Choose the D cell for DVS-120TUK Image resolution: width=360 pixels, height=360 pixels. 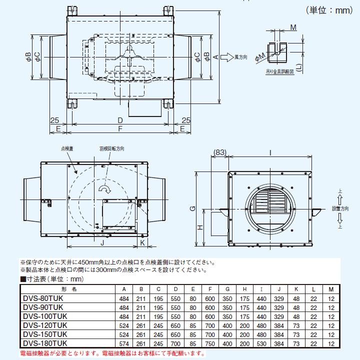coord(175,325)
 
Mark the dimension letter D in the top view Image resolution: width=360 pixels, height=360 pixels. coord(120,120)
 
